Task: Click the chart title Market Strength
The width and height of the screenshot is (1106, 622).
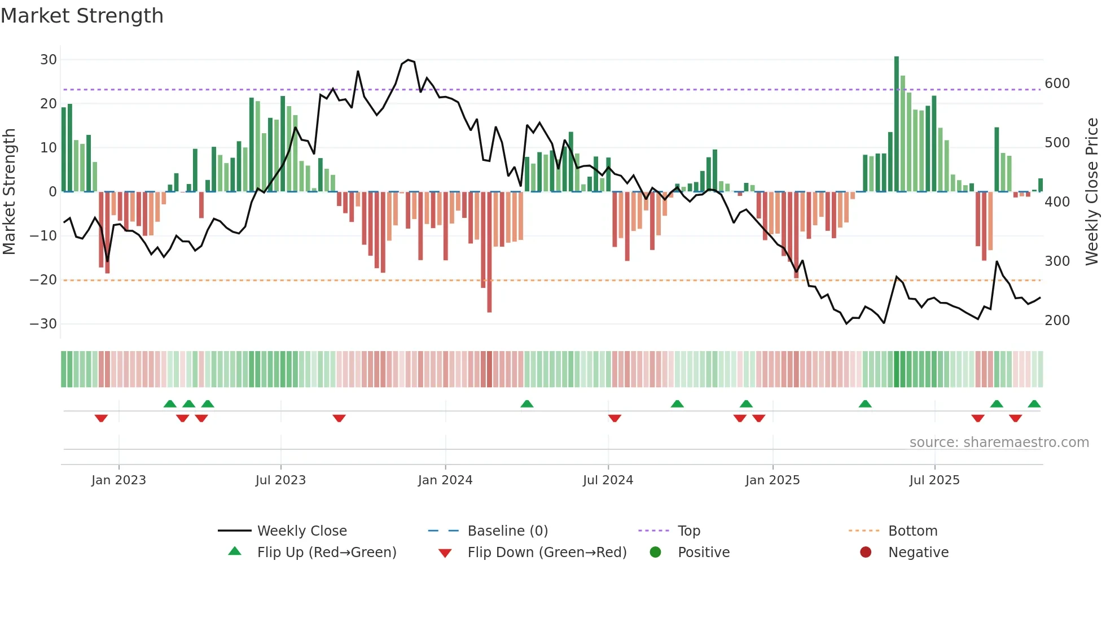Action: coord(82,16)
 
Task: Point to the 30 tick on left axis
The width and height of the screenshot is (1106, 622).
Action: coord(49,60)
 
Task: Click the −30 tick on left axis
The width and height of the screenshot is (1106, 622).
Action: coord(43,324)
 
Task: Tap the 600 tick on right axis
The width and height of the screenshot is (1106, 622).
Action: coord(1057,84)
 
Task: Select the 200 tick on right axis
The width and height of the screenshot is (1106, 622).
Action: coord(1057,321)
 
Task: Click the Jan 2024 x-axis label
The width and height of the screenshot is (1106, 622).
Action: coord(445,480)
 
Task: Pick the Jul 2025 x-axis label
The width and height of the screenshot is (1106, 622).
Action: coord(934,480)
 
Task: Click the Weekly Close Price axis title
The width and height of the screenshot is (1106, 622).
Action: coord(1091,192)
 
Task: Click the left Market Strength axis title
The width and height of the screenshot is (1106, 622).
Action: coord(9,192)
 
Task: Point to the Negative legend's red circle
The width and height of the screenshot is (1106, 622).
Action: coord(866,552)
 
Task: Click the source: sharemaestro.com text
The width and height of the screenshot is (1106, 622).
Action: coord(999,443)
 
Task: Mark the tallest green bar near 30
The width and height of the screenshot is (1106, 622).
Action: coord(897,124)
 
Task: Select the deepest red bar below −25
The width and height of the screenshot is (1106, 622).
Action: coord(489,254)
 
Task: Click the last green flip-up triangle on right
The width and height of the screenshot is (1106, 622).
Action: coord(1034,404)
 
